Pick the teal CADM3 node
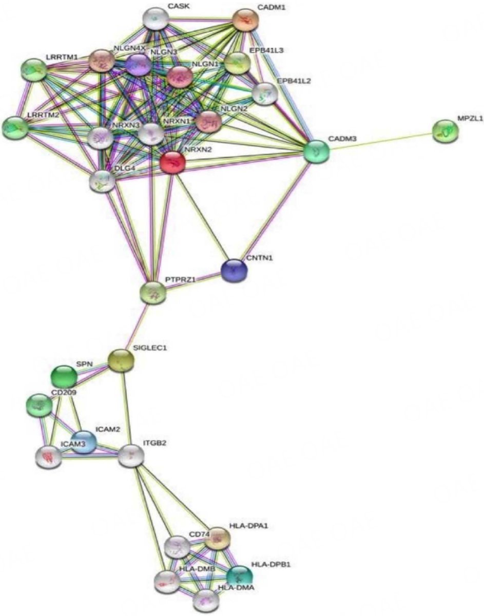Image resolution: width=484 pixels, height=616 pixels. coord(317,151)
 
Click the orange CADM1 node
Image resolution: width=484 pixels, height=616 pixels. coord(245,21)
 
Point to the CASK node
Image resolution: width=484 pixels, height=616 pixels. coord(156,20)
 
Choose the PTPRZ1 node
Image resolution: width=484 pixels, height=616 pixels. coord(153,293)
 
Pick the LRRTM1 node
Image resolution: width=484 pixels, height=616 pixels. coord(34,70)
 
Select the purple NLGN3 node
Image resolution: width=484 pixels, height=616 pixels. coord(139,65)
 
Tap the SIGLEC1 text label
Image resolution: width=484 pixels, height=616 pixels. coord(150,348)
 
